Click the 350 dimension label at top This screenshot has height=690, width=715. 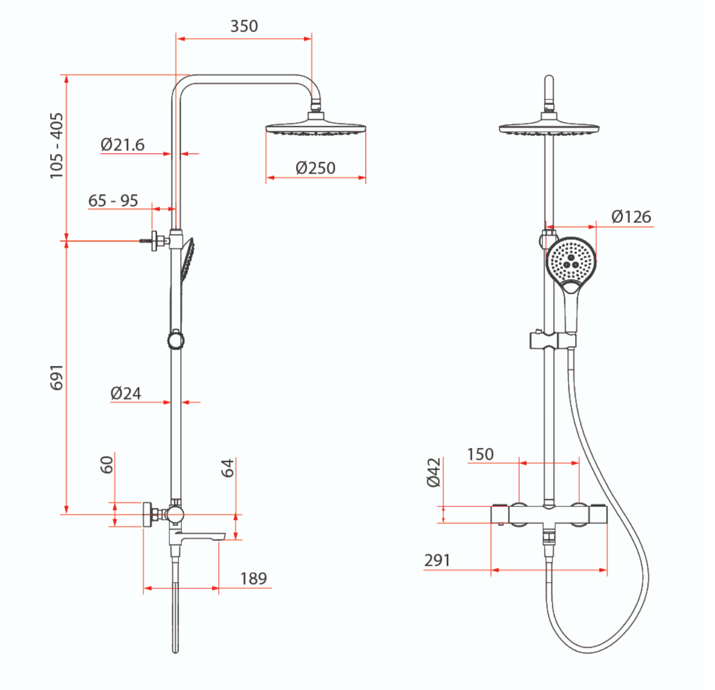244,26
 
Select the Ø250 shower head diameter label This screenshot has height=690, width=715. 315,168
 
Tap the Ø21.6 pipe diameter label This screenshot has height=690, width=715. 122,144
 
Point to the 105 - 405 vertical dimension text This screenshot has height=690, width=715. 57,146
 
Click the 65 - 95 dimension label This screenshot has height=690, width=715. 113,201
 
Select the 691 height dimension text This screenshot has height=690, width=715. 57,377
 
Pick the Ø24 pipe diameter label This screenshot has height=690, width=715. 126,393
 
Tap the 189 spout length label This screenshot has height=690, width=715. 253,579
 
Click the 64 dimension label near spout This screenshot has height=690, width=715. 227,468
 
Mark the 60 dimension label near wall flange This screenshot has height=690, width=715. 107,464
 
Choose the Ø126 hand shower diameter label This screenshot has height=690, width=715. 631,217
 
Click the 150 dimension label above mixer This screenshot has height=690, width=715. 480,455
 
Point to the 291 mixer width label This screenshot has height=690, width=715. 437,560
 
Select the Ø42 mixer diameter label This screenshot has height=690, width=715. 434,473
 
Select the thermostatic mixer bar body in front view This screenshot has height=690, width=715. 548,515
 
